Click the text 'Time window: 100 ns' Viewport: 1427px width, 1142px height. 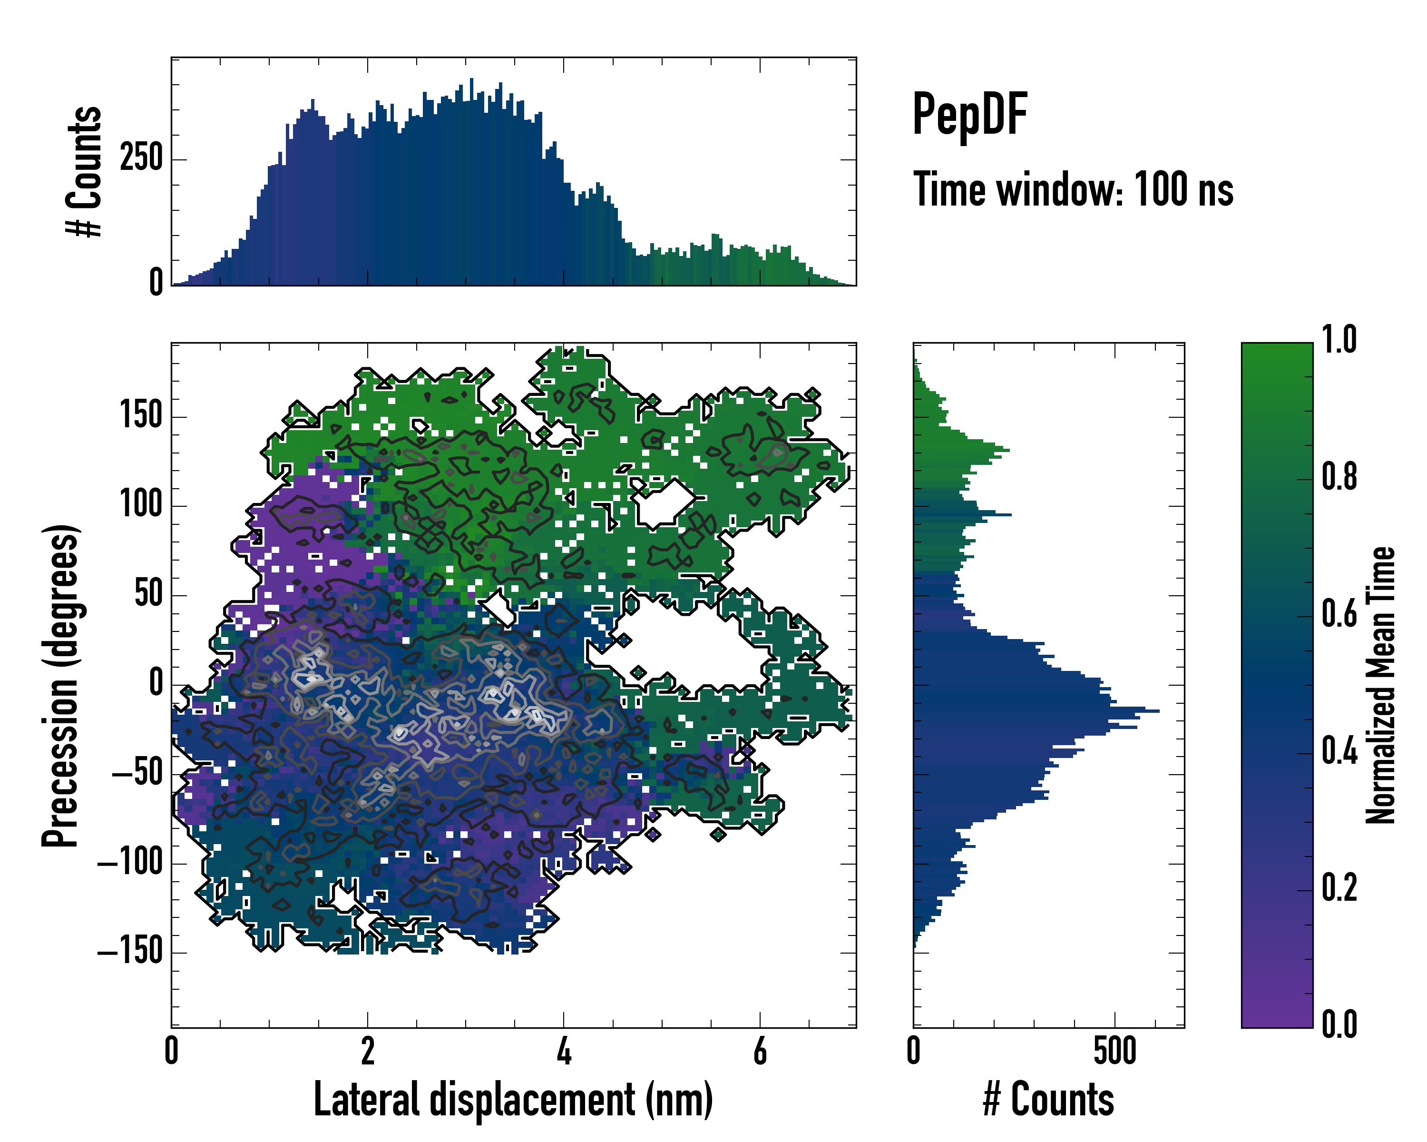point(1073,190)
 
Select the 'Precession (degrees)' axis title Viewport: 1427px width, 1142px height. point(61,685)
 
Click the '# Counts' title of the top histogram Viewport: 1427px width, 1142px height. point(85,171)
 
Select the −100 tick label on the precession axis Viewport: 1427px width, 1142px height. point(130,863)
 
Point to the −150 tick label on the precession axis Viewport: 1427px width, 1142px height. point(130,952)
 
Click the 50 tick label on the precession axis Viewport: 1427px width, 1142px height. point(148,594)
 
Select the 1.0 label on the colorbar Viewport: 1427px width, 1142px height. point(1339,340)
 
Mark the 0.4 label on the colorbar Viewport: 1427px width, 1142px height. point(1339,753)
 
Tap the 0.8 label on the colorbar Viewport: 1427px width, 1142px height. point(1339,477)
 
